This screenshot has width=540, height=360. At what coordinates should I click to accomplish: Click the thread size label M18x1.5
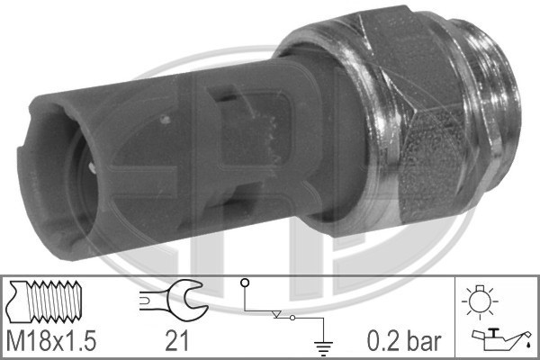[x=50, y=340]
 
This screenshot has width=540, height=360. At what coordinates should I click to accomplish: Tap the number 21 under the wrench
[x=177, y=340]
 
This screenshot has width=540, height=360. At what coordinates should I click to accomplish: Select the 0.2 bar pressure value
[x=403, y=341]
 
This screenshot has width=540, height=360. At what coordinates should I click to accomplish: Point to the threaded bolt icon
[x=45, y=301]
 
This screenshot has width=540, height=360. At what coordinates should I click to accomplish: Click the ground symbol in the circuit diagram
[x=323, y=347]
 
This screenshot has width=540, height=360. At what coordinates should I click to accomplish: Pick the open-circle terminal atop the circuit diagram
[x=245, y=283]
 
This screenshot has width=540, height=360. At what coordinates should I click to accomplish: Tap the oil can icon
[x=502, y=338]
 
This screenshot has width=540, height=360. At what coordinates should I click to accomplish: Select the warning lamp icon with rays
[x=480, y=301]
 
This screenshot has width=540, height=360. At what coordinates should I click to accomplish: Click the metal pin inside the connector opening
[x=92, y=167]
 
